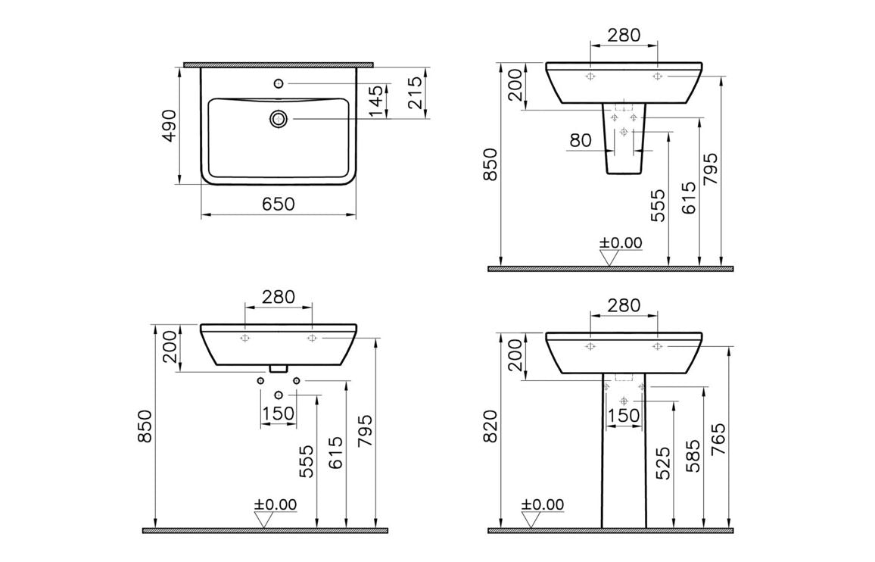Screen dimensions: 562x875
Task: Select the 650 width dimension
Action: click(x=278, y=205)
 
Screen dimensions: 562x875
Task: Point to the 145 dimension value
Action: click(x=376, y=101)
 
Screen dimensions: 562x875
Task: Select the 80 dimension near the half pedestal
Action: click(x=581, y=141)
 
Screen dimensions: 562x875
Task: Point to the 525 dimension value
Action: click(x=662, y=464)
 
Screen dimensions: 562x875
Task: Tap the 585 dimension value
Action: click(x=692, y=455)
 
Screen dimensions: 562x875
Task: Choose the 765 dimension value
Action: click(x=718, y=438)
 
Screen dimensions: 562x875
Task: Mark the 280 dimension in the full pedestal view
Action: click(x=624, y=305)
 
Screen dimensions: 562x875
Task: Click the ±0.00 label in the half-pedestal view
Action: click(x=621, y=243)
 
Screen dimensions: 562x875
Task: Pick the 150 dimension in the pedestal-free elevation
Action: click(x=278, y=414)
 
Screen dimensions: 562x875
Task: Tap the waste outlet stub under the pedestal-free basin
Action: click(x=279, y=368)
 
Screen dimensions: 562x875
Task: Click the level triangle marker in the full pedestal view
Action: click(x=532, y=520)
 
